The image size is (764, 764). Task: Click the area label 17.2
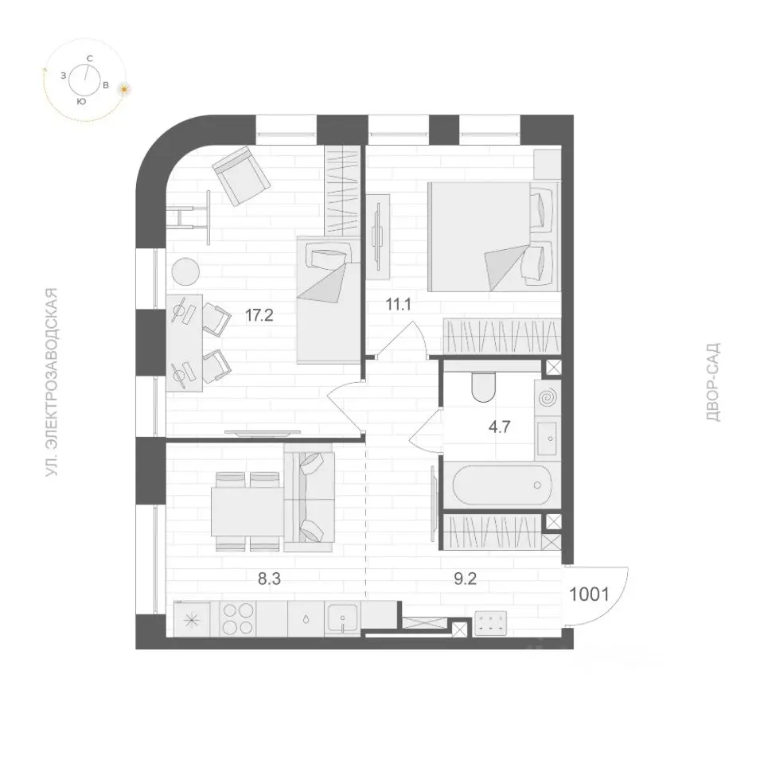pos(259,315)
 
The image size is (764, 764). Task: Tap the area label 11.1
pos(398,305)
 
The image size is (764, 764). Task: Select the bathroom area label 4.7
pos(499,427)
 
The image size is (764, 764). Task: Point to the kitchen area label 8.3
pos(269,579)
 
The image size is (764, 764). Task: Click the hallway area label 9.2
pos(465,579)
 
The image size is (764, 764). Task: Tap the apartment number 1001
pos(589,594)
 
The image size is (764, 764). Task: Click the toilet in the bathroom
pos(483,388)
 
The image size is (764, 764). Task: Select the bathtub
pos(502,485)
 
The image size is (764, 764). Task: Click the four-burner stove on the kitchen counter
pos(238,619)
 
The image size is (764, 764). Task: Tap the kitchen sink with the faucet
pos(342,619)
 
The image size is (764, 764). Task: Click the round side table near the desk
pos(185,271)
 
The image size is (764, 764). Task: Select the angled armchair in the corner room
pos(241,177)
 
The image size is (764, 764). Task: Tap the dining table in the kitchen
pos(247,512)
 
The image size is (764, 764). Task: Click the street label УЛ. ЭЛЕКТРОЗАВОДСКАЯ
pos(52,382)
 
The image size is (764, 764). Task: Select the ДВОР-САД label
pos(712,383)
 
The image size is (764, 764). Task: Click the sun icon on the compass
pos(125,89)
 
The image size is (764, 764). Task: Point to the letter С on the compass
pos(90,58)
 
